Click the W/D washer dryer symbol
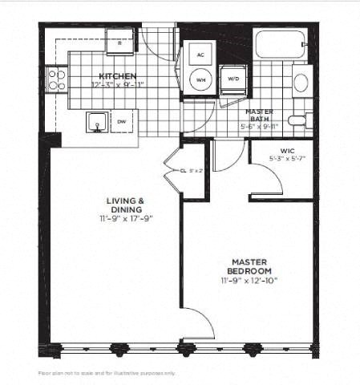click(234, 79)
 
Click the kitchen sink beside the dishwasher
click(98, 122)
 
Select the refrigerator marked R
click(119, 42)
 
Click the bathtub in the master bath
click(280, 44)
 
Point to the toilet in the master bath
click(297, 121)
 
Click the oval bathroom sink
click(301, 82)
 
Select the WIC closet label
click(289, 151)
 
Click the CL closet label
click(183, 170)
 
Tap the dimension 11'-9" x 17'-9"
click(126, 217)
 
